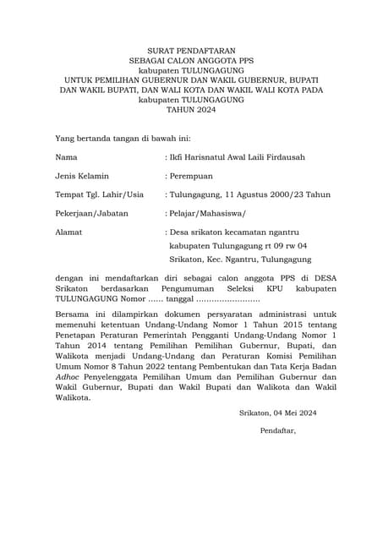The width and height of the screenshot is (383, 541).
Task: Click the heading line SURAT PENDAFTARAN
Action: (x=191, y=52)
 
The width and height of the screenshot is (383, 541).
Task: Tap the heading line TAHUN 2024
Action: (x=191, y=109)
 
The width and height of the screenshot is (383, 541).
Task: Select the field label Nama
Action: (x=66, y=157)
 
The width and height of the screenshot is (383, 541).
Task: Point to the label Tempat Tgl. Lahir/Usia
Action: (x=99, y=194)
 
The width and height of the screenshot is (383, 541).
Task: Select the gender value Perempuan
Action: (x=197, y=176)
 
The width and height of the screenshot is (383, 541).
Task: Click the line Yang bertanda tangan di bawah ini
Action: (x=123, y=137)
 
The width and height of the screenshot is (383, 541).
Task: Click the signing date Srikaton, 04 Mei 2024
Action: (x=277, y=413)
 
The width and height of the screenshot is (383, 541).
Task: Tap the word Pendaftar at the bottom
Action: (x=278, y=430)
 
